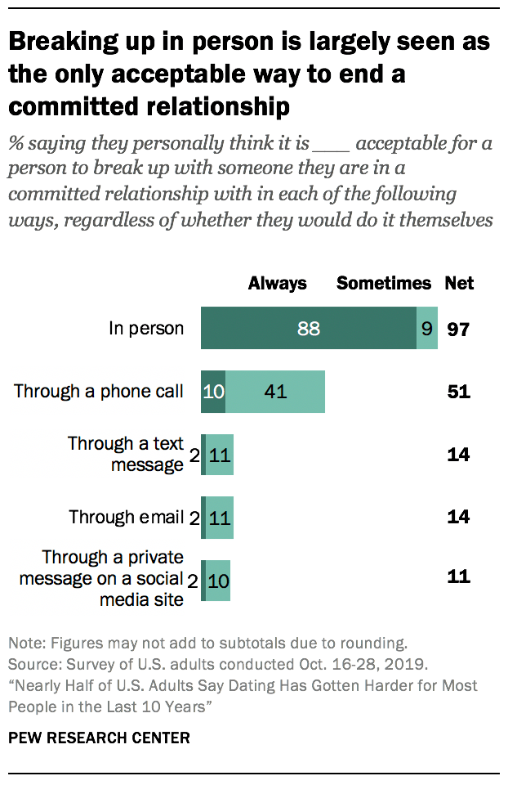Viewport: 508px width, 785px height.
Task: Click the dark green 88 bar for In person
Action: click(x=308, y=329)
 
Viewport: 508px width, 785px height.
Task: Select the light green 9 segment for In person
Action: click(x=427, y=329)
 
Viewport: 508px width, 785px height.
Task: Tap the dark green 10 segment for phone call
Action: click(x=213, y=392)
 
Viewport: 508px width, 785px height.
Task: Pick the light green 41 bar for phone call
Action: click(x=275, y=392)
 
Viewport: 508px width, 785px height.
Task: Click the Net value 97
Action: click(x=459, y=330)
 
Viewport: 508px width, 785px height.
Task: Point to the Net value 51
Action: click(x=459, y=392)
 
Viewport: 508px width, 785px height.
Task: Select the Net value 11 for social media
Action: click(x=459, y=576)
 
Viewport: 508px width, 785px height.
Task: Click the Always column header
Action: click(x=278, y=284)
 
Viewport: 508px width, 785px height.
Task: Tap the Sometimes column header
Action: click(x=384, y=284)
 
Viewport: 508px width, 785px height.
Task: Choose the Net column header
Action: click(x=459, y=284)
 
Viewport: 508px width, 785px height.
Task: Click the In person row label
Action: click(x=147, y=329)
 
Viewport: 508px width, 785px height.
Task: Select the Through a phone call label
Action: click(x=99, y=392)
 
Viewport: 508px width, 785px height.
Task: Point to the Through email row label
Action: click(x=127, y=517)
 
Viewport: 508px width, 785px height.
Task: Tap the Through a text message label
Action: click(x=127, y=454)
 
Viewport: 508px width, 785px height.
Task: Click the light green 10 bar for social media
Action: click(x=218, y=580)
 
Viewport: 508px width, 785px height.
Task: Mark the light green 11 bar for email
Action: click(x=220, y=517)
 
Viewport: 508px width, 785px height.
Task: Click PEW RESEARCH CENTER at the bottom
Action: click(x=99, y=738)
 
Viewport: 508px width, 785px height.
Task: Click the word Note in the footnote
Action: click(x=24, y=642)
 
